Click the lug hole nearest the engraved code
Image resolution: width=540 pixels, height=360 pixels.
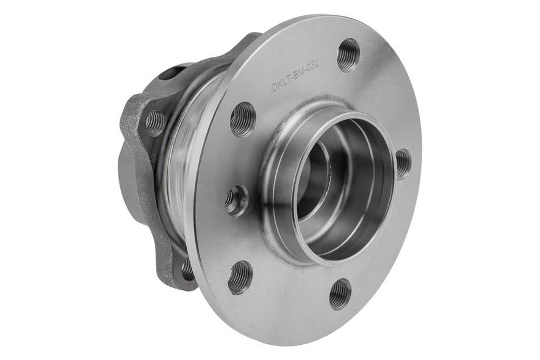point(348,55)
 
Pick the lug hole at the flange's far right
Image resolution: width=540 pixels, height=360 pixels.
point(403,163)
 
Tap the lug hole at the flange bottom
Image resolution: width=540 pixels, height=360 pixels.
point(340,293)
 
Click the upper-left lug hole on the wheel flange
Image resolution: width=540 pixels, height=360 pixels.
point(242,118)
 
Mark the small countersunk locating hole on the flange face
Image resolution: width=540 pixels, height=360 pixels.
point(236,200)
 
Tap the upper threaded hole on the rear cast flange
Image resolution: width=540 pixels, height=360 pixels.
point(155,123)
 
